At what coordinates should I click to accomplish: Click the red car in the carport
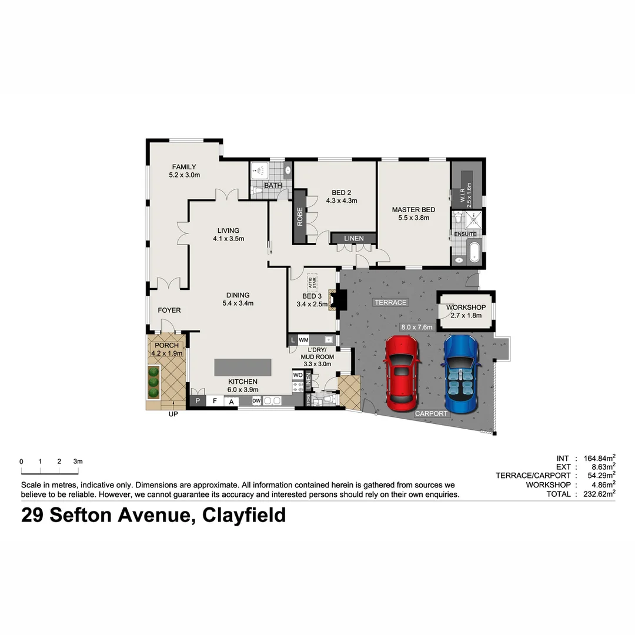[401, 374]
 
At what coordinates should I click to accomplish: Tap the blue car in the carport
[462, 374]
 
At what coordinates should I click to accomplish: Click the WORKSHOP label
[466, 308]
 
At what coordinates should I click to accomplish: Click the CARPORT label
[432, 413]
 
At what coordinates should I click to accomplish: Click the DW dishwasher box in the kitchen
[256, 401]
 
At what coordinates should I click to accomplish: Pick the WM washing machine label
[304, 340]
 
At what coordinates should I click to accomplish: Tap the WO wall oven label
[298, 375]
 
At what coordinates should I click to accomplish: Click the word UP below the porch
[173, 414]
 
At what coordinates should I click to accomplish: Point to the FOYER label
[169, 310]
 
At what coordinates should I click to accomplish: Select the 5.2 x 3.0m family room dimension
[184, 175]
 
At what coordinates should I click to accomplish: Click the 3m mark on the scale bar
[78, 462]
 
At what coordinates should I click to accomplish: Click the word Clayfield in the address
[244, 515]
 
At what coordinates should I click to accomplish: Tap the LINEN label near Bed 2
[354, 238]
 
